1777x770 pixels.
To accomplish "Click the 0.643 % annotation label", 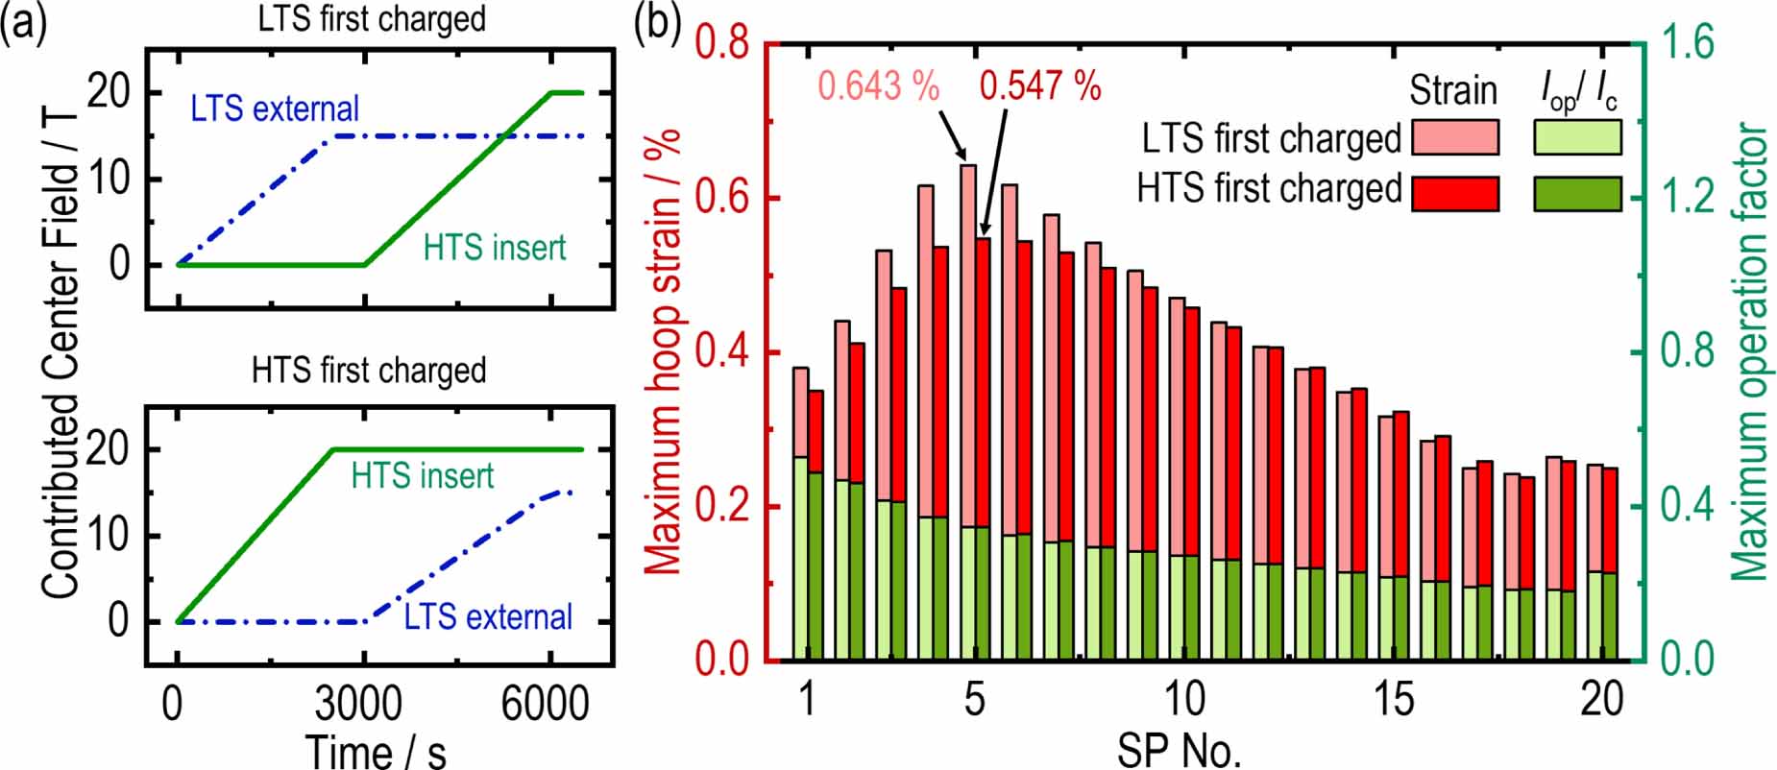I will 878,86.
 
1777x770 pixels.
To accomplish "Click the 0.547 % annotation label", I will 1039,86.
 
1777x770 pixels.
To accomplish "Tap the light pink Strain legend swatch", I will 1454,137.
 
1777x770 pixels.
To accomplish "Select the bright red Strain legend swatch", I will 1454,193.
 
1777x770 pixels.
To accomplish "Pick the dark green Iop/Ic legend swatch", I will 1577,193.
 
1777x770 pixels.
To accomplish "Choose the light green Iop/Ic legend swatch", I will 1577,137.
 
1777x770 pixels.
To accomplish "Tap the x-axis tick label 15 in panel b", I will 1393,699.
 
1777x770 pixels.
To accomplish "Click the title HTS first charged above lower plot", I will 369,370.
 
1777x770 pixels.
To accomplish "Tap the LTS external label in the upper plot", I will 275,108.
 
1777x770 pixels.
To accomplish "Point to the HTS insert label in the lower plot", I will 422,475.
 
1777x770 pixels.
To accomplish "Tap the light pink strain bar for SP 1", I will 800,413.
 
